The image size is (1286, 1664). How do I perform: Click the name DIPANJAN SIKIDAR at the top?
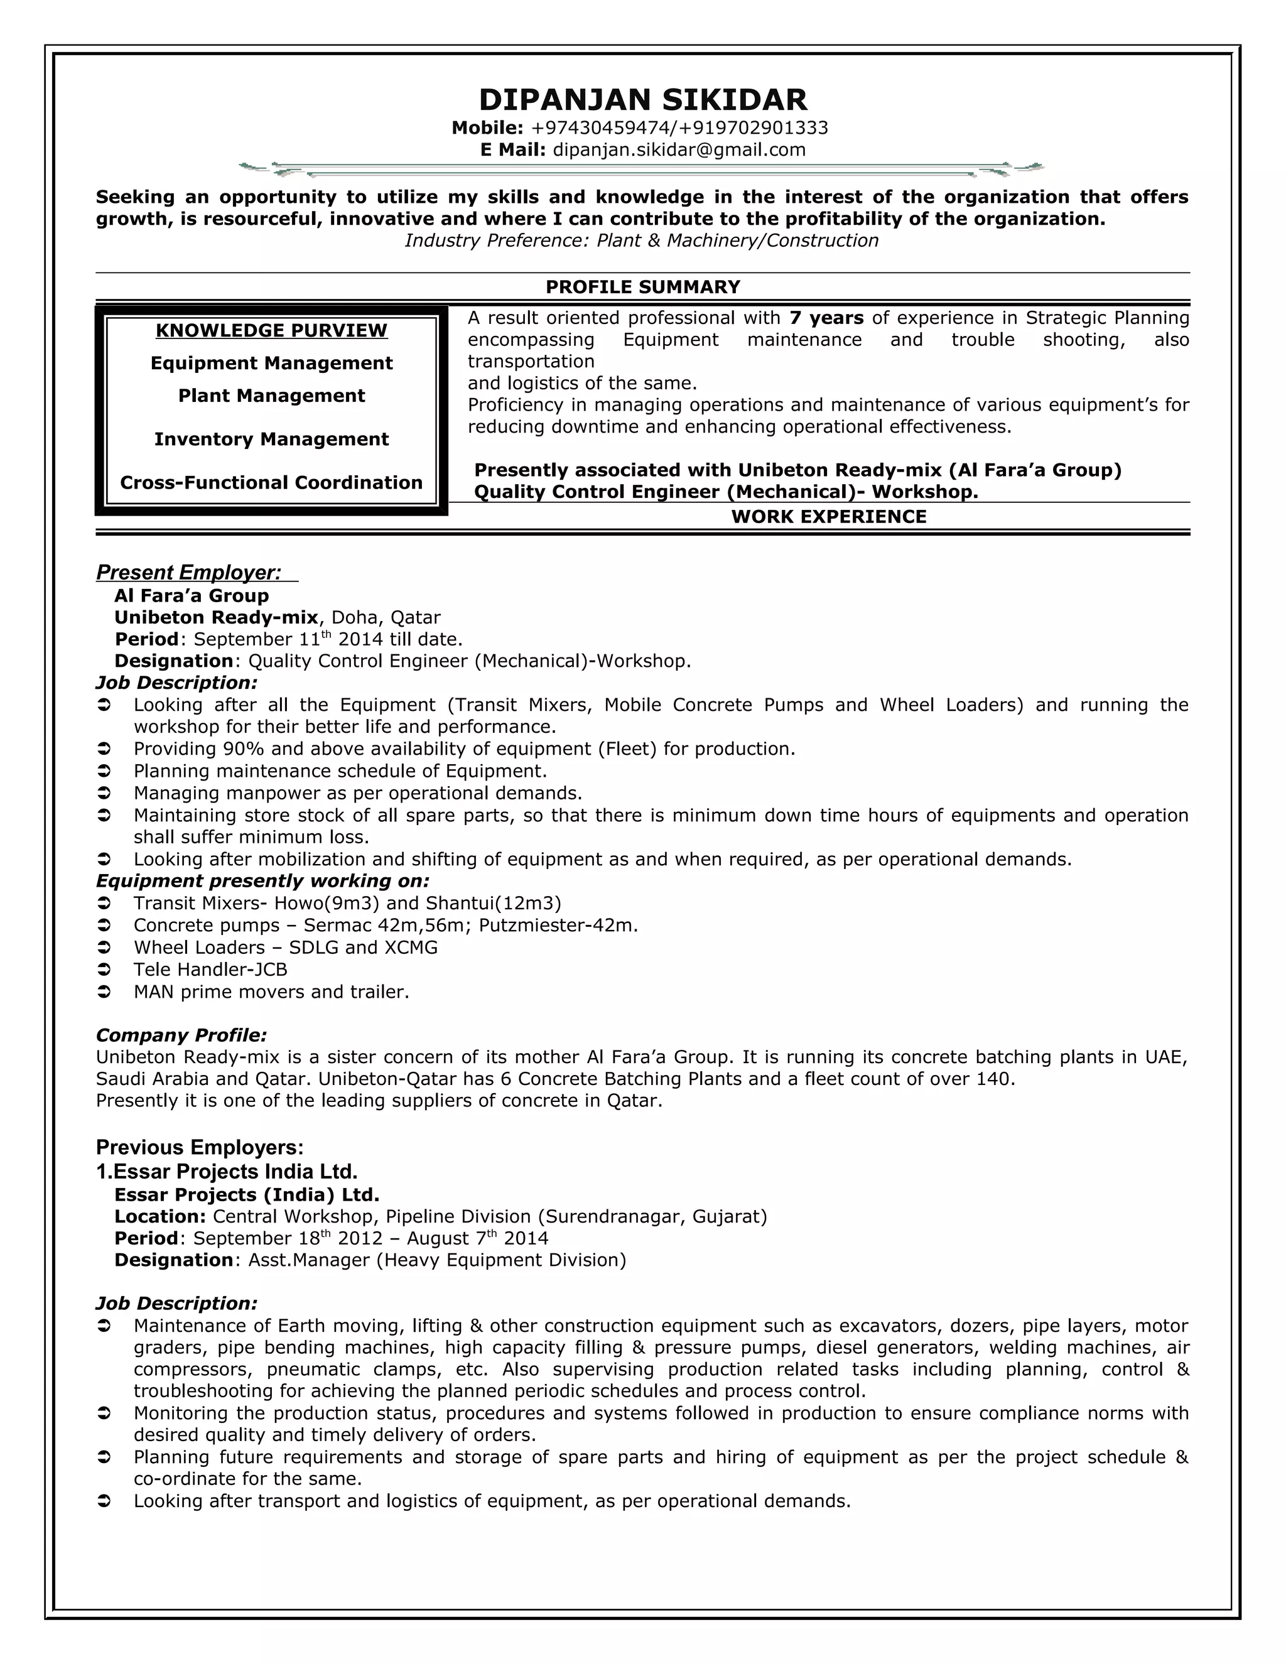pos(642,100)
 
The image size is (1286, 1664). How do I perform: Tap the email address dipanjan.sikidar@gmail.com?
pos(678,149)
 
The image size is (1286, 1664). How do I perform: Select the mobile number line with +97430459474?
pos(640,127)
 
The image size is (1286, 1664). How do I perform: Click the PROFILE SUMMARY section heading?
pos(642,286)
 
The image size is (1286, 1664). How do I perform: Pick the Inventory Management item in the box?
pos(271,439)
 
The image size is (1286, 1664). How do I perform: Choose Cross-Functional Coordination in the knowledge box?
pos(271,482)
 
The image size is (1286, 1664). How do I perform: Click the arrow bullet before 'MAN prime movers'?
pos(104,992)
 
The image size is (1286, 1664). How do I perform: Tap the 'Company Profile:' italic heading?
pos(181,1035)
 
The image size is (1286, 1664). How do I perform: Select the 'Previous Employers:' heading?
pos(200,1147)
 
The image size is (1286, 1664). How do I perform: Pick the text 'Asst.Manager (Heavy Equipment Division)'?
pos(436,1260)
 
